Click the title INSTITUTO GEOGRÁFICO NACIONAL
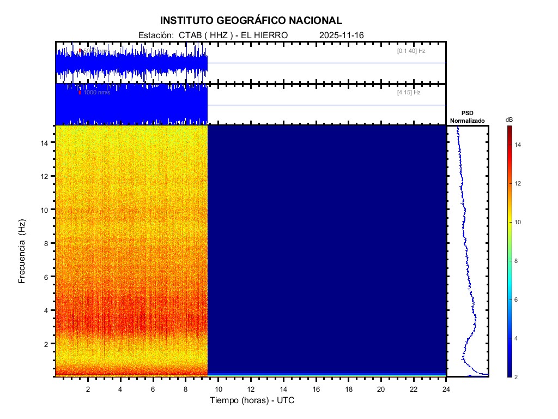(x=251, y=21)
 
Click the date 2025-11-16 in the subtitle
(x=342, y=35)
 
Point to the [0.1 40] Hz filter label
(x=411, y=51)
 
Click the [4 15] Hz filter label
(x=409, y=93)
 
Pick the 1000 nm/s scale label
(x=96, y=93)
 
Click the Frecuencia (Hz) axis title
(x=22, y=251)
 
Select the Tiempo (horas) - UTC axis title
(x=252, y=400)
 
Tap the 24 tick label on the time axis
(x=446, y=389)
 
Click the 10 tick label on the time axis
(x=218, y=389)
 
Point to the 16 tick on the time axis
(x=316, y=389)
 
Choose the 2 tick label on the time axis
(x=88, y=389)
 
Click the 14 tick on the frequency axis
(x=46, y=142)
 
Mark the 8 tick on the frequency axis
(x=48, y=243)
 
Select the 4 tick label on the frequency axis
(x=48, y=310)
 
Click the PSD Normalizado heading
(x=468, y=117)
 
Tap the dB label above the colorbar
(x=509, y=119)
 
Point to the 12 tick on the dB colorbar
(x=519, y=184)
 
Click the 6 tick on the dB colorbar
(x=517, y=300)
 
